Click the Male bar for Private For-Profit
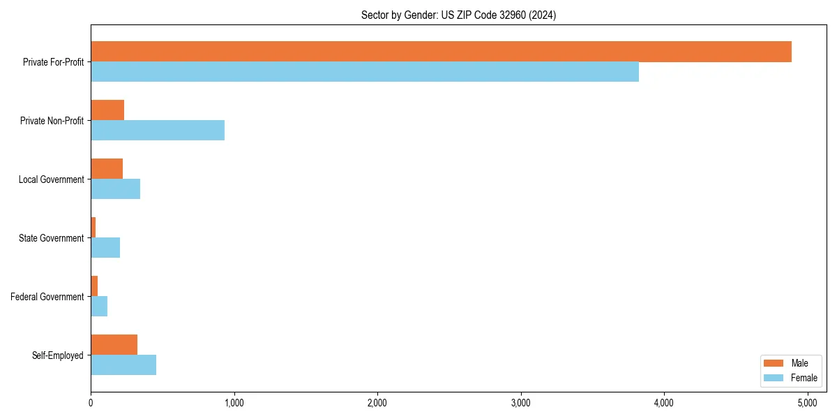pos(441,52)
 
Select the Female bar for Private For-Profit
pos(365,72)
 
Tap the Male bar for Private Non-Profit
pos(107,110)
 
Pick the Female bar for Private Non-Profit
pos(158,131)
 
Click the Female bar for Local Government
pos(116,189)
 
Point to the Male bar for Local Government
pos(107,169)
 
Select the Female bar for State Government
pos(105,248)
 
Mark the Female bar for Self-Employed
pos(123,365)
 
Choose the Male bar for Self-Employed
pos(114,345)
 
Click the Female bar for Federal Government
pos(99,307)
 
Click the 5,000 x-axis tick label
pos(807,403)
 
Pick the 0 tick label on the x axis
pos(91,403)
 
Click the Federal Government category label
pos(47,297)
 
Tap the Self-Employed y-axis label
pos(58,355)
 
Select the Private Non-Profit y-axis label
pos(52,121)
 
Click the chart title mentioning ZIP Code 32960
pos(458,15)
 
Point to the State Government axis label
pos(51,238)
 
